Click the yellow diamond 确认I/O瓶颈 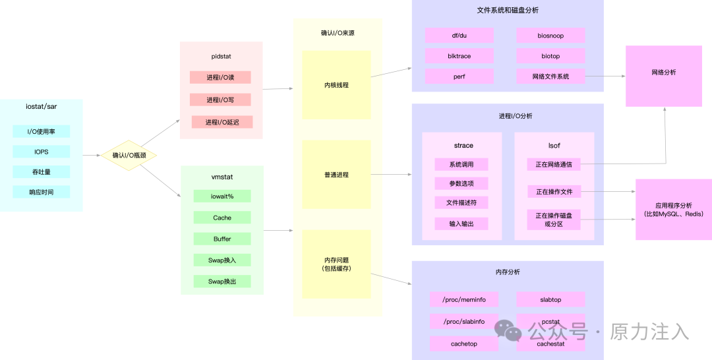pyautogui.click(x=129, y=155)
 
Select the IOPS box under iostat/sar pyautogui.click(x=41, y=152)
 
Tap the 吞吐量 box pyautogui.click(x=41, y=172)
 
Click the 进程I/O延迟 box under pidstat pyautogui.click(x=222, y=122)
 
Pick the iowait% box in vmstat pyautogui.click(x=222, y=196)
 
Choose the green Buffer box pyautogui.click(x=222, y=239)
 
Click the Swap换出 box pyautogui.click(x=222, y=282)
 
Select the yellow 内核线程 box pyautogui.click(x=336, y=85)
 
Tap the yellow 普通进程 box pyautogui.click(x=336, y=175)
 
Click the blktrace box pyautogui.click(x=459, y=56)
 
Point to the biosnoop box pyautogui.click(x=550, y=35)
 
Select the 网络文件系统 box pyautogui.click(x=550, y=76)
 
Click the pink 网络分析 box pyautogui.click(x=663, y=73)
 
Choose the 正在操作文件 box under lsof pyautogui.click(x=554, y=191)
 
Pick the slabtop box pyautogui.click(x=550, y=299)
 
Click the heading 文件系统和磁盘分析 pyautogui.click(x=508, y=11)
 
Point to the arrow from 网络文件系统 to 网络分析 pyautogui.click(x=605, y=76)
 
